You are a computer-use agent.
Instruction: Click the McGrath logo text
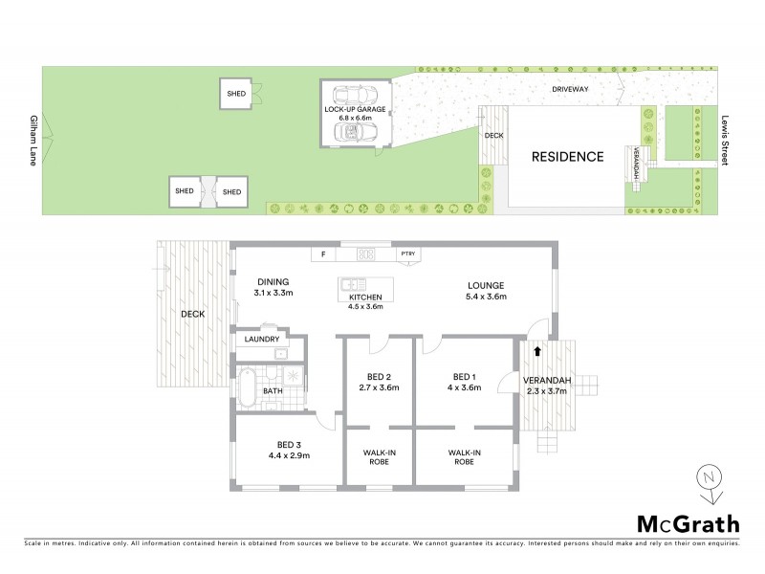pyautogui.click(x=688, y=523)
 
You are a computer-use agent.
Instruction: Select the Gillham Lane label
pyautogui.click(x=33, y=141)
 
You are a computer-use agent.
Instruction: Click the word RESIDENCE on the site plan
pyautogui.click(x=567, y=157)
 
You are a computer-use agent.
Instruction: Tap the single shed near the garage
pyautogui.click(x=236, y=94)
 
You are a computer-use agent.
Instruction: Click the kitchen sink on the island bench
pyautogui.click(x=353, y=284)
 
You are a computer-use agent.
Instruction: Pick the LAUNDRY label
pyautogui.click(x=261, y=339)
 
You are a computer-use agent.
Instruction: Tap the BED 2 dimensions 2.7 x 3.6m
pyautogui.click(x=379, y=388)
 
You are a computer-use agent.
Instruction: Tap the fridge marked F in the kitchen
pyautogui.click(x=324, y=254)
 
